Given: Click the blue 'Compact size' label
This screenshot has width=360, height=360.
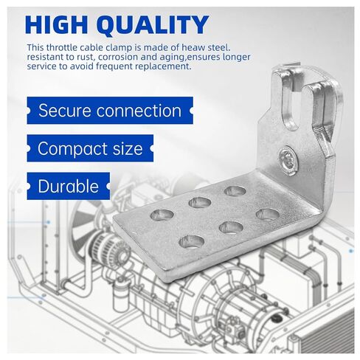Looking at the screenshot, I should [x=89, y=148].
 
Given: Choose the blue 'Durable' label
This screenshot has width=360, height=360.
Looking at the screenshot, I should [x=68, y=185].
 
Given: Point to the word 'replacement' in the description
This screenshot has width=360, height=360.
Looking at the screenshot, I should [x=162, y=66].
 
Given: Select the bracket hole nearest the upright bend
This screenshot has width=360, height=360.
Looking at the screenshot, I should [x=268, y=214].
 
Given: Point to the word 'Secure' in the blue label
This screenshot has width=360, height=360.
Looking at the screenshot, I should [x=62, y=111].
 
